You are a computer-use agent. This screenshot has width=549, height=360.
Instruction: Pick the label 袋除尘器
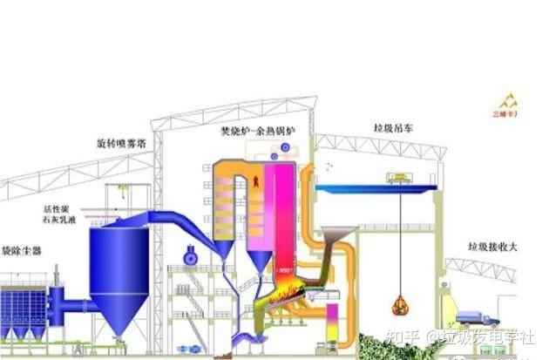pos(20,249)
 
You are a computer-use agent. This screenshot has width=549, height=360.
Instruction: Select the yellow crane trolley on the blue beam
pos(403,178)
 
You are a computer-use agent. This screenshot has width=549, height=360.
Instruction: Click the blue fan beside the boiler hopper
pos(192,254)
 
